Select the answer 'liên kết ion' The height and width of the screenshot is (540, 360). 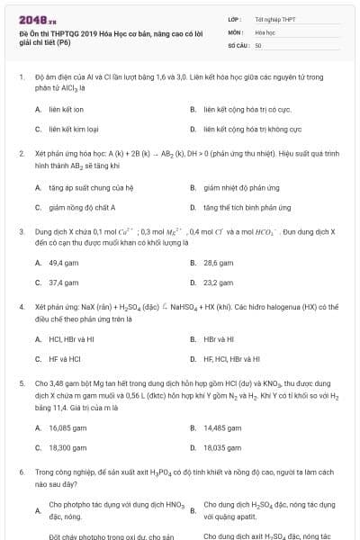click(x=67, y=109)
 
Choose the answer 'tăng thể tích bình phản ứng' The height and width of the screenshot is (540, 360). click(x=240, y=207)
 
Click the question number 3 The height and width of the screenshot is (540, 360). click(x=21, y=231)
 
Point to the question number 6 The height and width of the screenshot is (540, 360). click(x=21, y=472)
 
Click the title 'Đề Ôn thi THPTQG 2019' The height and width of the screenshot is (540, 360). click(x=68, y=31)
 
